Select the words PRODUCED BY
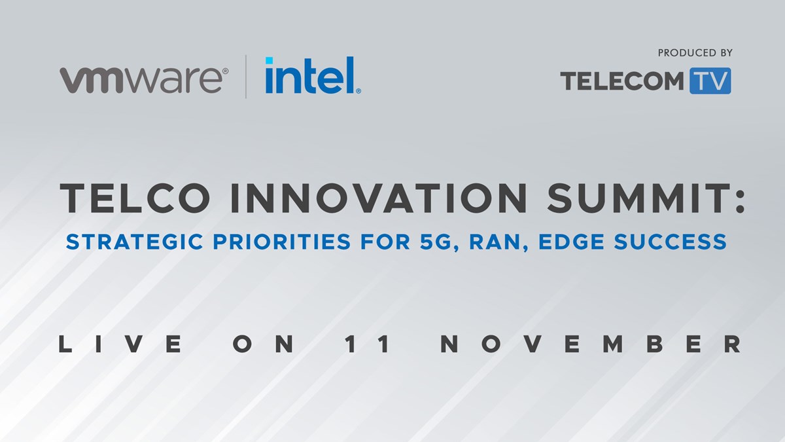click(x=695, y=53)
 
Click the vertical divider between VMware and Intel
click(x=246, y=77)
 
